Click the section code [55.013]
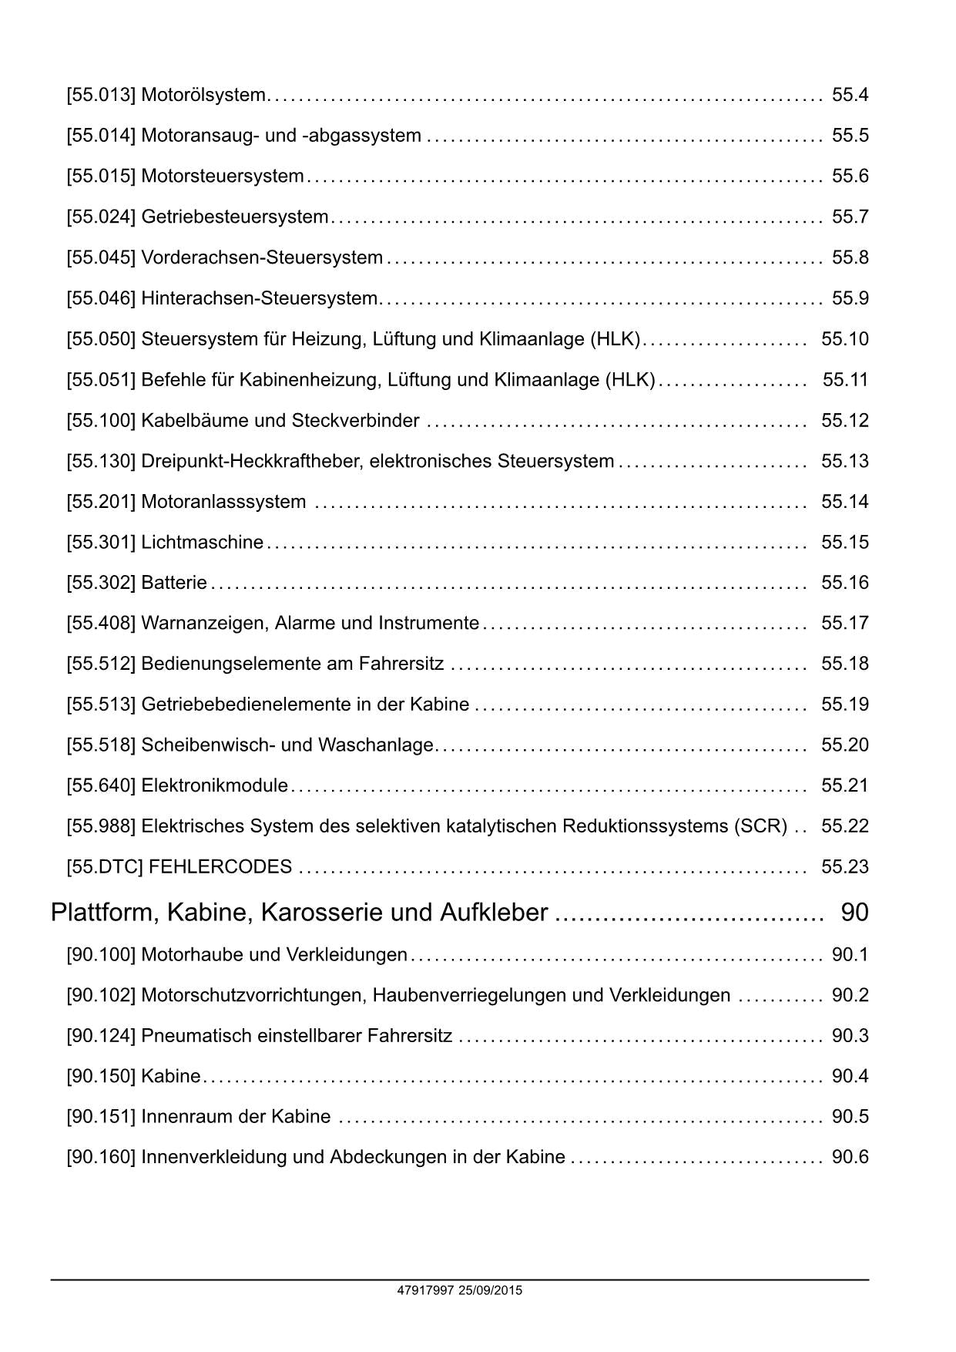click(x=101, y=95)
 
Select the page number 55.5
click(x=850, y=136)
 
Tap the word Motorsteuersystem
click(x=222, y=177)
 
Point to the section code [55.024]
click(x=101, y=217)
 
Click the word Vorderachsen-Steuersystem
click(x=262, y=257)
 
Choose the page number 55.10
click(x=844, y=339)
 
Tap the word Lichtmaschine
click(x=202, y=543)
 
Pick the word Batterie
click(x=174, y=583)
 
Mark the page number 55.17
click(x=844, y=623)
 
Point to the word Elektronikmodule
click(x=214, y=785)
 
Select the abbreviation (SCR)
click(x=761, y=826)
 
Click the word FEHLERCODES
click(x=220, y=867)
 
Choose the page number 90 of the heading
click(x=854, y=913)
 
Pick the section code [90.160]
click(x=101, y=1158)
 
